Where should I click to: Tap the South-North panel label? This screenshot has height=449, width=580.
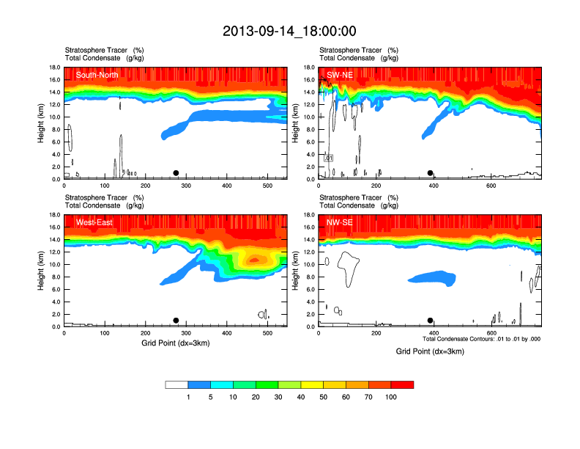point(97,74)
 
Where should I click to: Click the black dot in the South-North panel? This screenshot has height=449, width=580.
point(176,173)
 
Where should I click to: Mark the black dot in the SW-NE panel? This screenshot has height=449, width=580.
point(431,173)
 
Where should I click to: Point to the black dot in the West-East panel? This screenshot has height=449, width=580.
point(176,321)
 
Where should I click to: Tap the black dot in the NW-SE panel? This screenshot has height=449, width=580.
point(431,321)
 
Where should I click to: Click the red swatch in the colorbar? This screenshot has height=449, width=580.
point(402,384)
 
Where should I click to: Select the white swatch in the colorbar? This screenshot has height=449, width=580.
point(176,384)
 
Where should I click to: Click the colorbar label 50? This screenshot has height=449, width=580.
point(324,397)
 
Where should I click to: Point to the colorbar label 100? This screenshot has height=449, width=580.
point(391,397)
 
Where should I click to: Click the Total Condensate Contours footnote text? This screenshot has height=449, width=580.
point(481,339)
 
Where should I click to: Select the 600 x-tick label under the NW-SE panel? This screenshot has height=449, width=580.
point(491,334)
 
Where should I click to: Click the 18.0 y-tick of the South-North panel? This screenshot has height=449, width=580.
point(53,68)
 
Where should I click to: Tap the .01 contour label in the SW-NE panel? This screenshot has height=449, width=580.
point(329,158)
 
